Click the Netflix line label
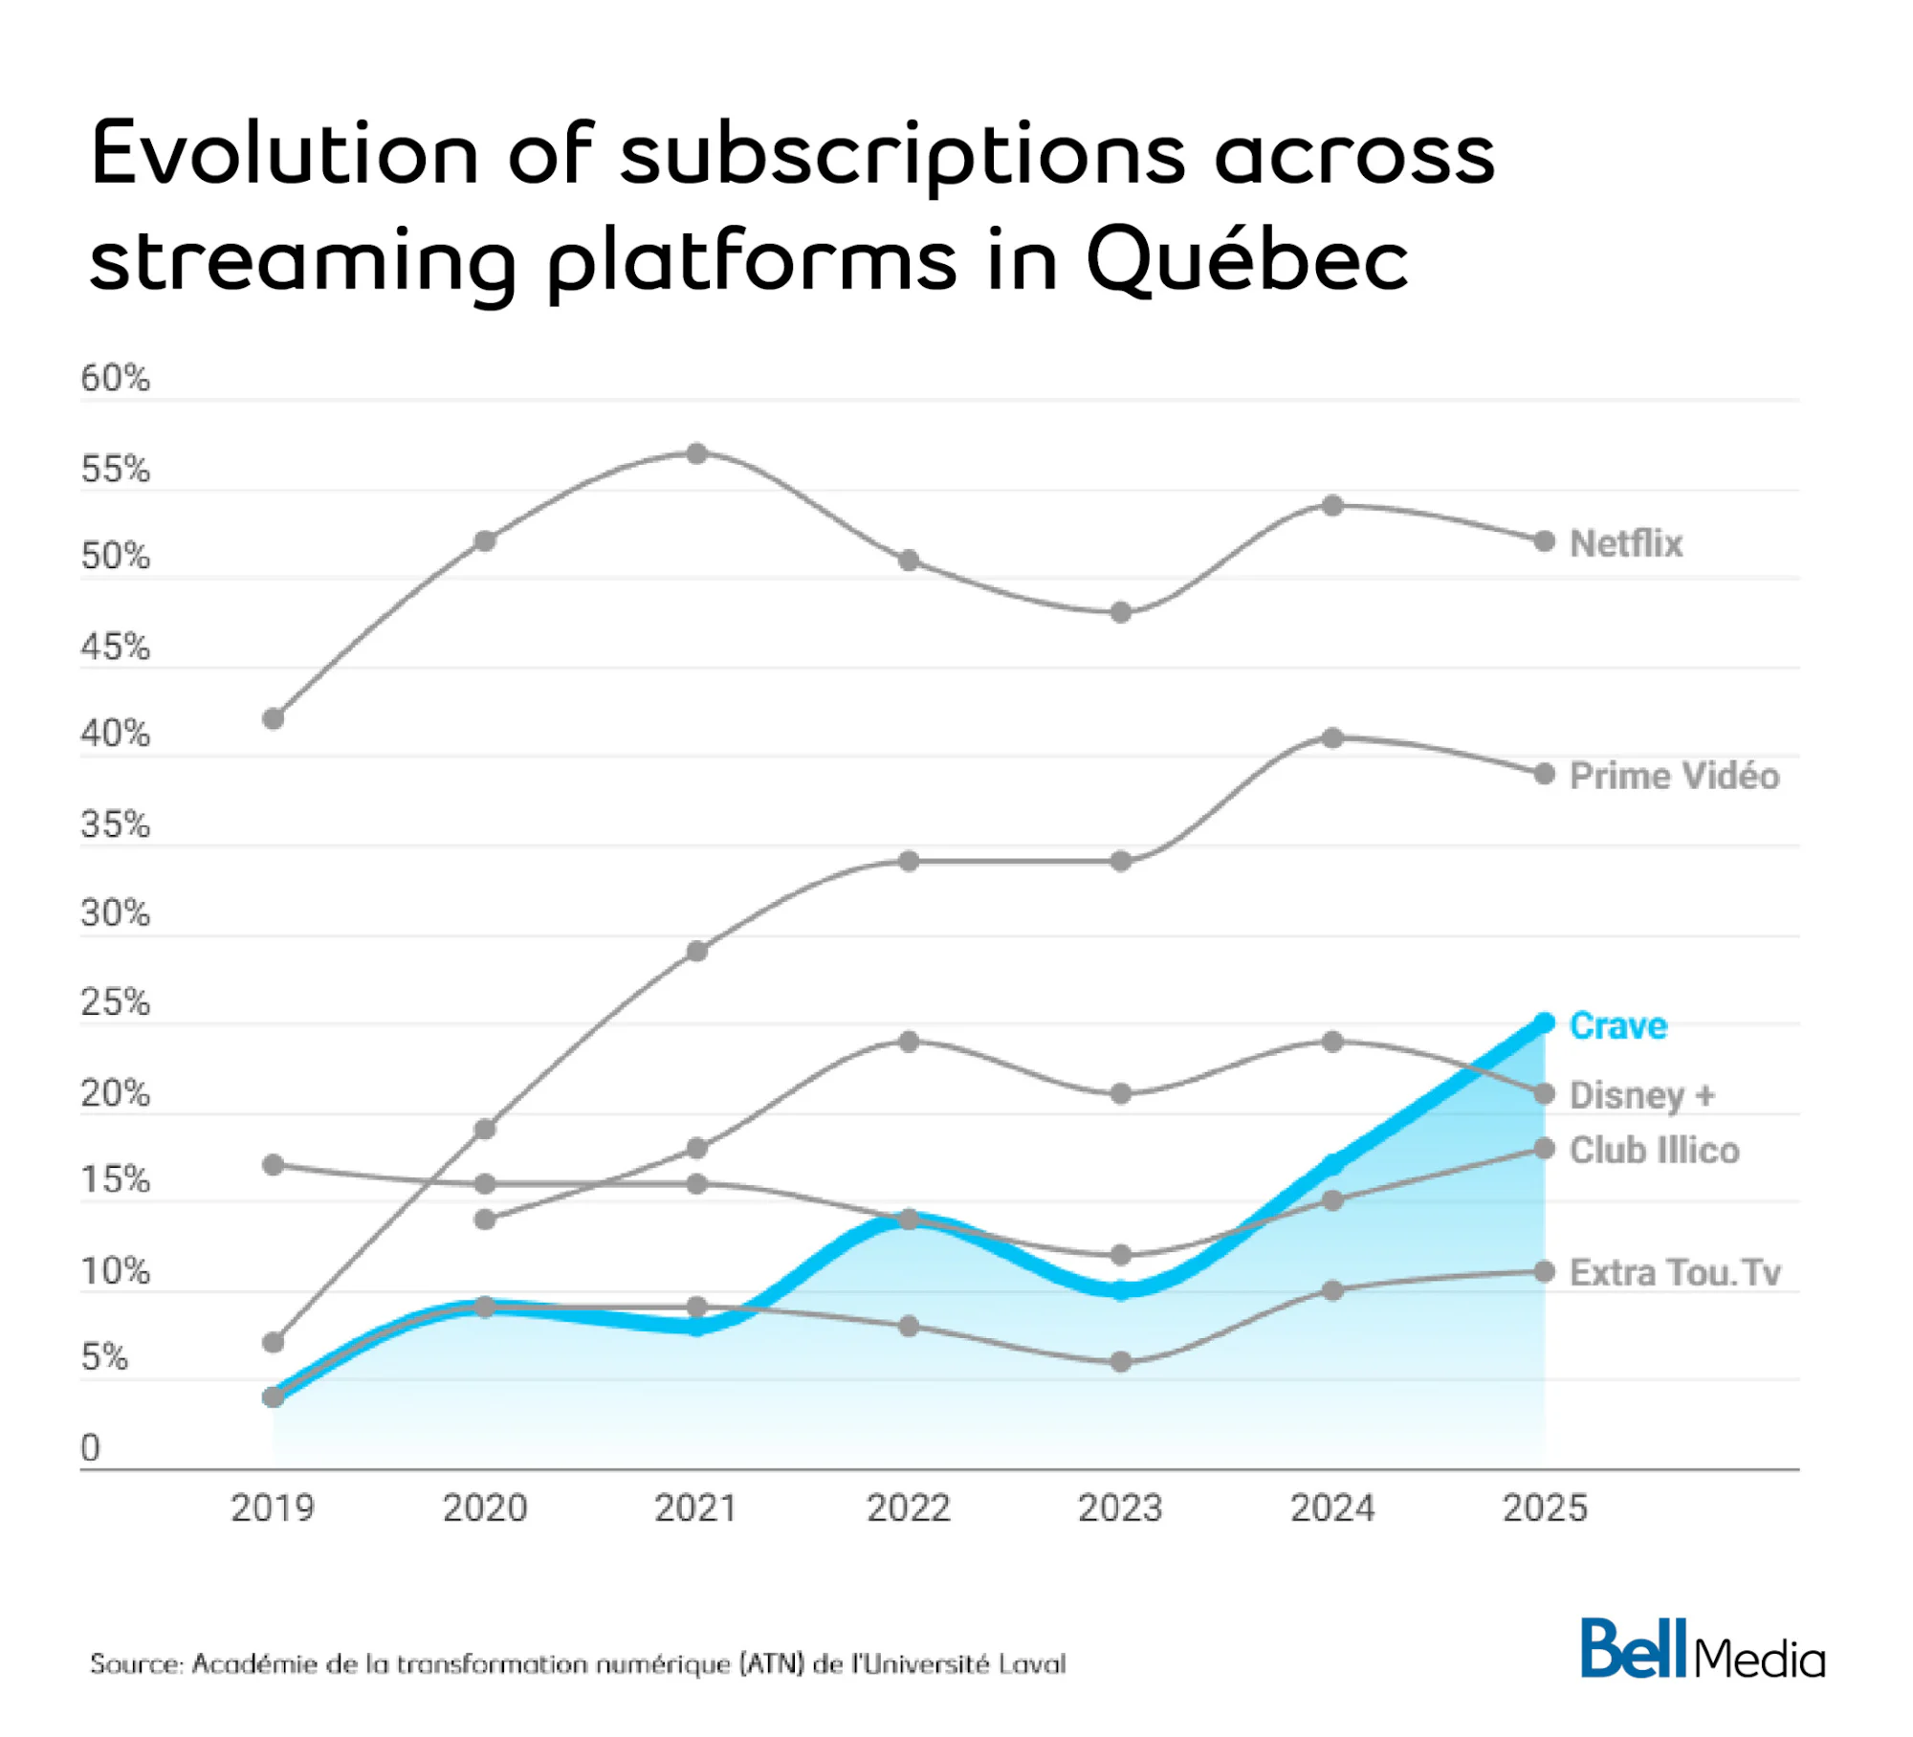1625,543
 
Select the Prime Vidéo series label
1674,775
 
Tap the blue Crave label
1618,1025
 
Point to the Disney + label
1641,1094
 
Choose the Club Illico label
1654,1150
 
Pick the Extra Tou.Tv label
1675,1272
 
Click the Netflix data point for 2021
697,453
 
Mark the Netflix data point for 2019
274,718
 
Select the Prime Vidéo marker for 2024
1332,737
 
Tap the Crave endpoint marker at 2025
1544,1023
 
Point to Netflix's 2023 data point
1121,612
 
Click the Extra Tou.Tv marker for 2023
1121,1361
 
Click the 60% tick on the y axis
116,379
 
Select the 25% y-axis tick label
116,1002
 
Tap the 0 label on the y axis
90,1448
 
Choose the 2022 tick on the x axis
909,1508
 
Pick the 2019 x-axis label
274,1508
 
